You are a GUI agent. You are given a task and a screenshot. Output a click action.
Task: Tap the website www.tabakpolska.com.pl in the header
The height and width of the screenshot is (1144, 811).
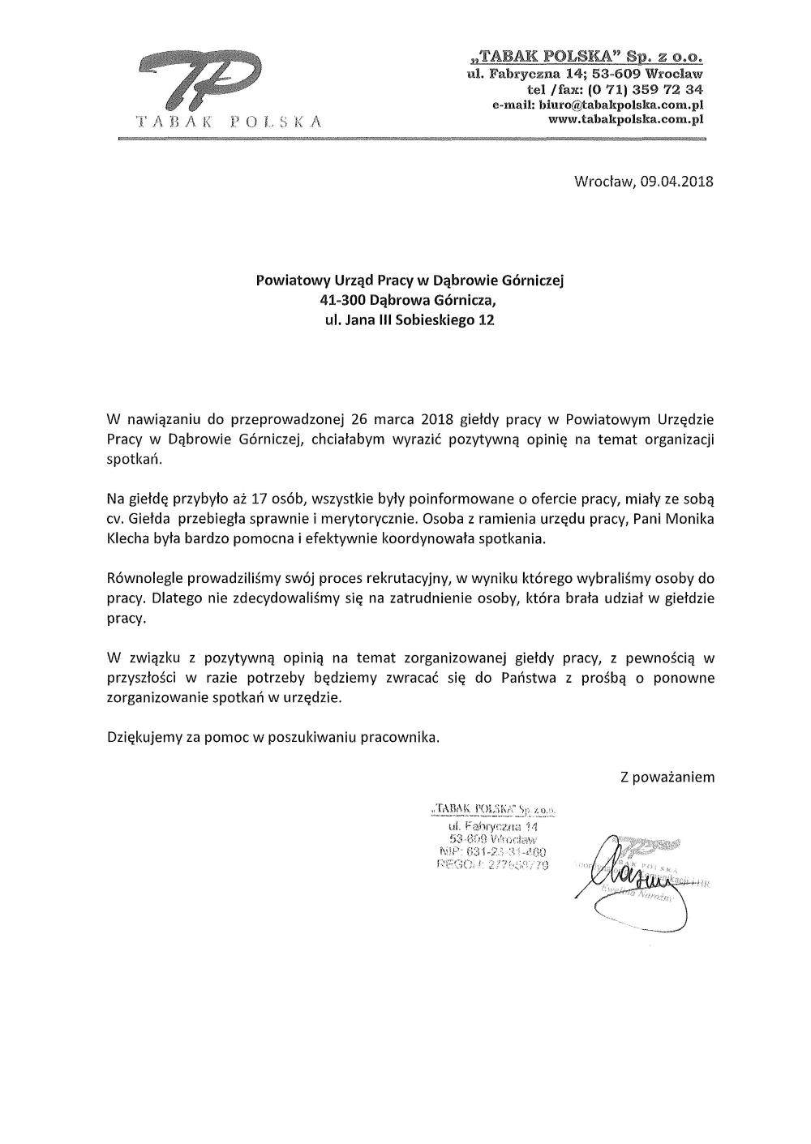624,118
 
